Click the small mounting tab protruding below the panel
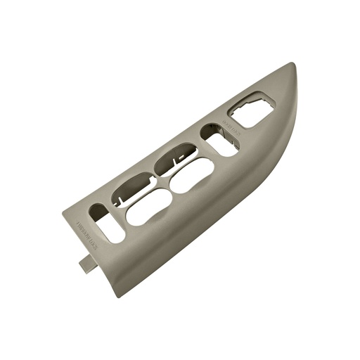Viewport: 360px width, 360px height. [x=86, y=262]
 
